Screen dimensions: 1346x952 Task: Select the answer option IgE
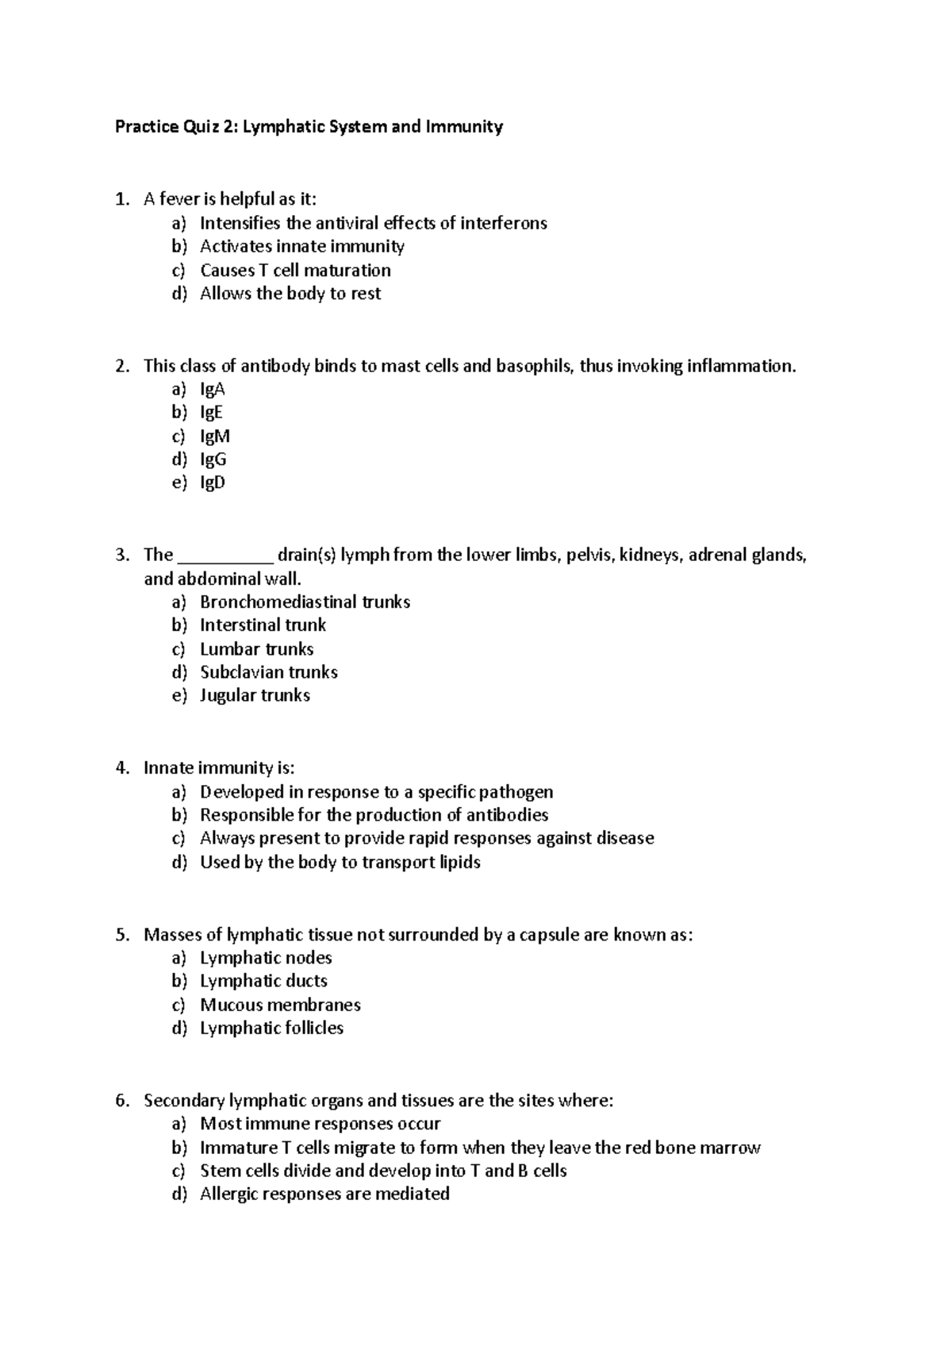pos(211,413)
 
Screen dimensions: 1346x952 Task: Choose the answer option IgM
pos(214,436)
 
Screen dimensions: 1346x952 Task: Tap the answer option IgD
pos(213,483)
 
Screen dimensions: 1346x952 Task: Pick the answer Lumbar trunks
pos(256,649)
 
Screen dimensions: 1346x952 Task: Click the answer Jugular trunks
pos(255,695)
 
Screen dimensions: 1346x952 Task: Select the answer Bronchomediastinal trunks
pos(305,602)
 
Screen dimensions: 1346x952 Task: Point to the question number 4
pos(121,768)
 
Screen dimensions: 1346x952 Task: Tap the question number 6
pos(121,1101)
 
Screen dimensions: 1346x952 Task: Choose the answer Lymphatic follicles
pos(271,1029)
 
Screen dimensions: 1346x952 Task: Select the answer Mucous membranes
pos(280,1006)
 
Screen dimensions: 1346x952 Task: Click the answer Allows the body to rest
pos(290,294)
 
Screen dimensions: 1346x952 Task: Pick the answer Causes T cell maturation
pos(295,271)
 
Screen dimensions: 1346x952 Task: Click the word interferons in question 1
pos(505,223)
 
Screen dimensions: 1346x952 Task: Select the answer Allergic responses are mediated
pos(324,1194)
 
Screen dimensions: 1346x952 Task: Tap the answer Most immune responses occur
pos(320,1124)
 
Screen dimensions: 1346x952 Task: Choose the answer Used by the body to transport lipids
pos(340,863)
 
